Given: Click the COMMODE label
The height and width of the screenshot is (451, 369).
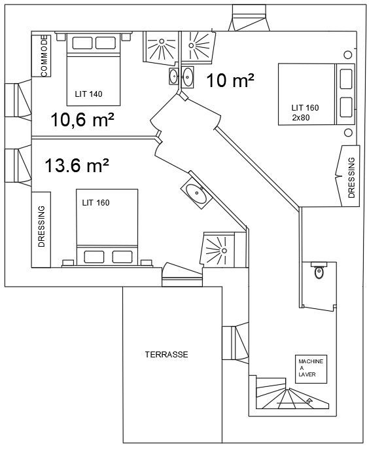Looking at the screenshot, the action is tap(44, 56).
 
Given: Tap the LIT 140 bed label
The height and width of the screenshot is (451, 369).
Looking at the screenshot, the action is tap(88, 94).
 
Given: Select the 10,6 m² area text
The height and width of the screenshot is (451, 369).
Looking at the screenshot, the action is tap(82, 119).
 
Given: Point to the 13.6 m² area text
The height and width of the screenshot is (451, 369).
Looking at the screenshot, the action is tap(77, 166).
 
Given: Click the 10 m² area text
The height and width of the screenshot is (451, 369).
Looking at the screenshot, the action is tap(230, 81).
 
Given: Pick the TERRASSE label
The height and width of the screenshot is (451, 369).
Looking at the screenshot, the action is tap(166, 354).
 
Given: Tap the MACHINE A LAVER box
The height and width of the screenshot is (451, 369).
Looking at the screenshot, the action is tap(311, 369).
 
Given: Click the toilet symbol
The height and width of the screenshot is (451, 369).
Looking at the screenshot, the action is tap(319, 271).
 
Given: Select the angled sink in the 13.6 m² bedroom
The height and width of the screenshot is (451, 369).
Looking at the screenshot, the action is tap(196, 190).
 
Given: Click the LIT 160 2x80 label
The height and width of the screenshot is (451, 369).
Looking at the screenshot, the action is tap(305, 112).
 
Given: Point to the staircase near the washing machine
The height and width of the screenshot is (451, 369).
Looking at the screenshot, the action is tap(292, 393).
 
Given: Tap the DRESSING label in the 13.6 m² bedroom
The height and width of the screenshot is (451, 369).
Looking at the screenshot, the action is tap(42, 226).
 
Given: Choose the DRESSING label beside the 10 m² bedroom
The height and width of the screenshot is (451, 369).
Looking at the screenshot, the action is tap(351, 177).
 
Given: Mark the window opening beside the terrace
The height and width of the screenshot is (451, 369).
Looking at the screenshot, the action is tap(236, 343).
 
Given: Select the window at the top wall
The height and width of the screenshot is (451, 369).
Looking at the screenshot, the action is tap(249, 17).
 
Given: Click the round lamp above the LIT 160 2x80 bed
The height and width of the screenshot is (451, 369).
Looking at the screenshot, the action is tap(348, 54).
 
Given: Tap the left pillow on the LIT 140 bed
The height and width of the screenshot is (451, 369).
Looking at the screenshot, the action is tap(82, 43).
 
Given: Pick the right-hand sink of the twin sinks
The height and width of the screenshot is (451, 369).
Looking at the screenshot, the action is tap(188, 77).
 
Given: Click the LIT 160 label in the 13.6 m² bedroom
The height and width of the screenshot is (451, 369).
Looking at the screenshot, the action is tap(96, 203).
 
